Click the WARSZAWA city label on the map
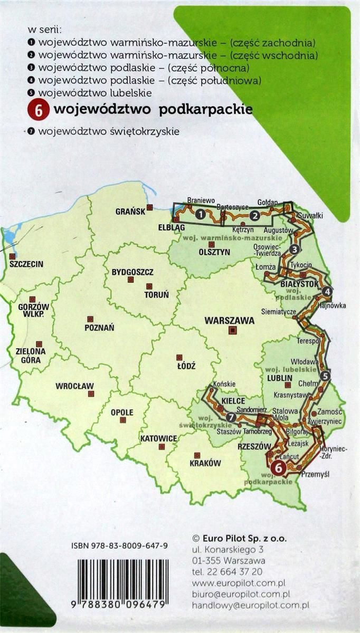230,320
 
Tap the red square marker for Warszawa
231,331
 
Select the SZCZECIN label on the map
26,264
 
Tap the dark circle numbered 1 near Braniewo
200,214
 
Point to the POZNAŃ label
99,328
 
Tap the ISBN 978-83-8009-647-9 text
119,547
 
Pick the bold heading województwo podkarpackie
153,109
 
